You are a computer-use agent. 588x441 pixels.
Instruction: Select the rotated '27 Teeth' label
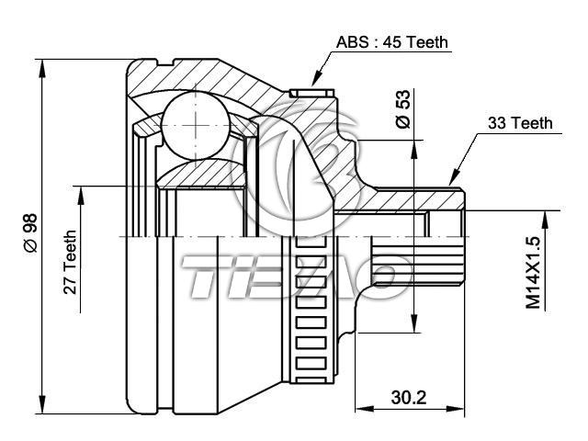(70, 262)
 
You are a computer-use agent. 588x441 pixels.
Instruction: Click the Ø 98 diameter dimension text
(28, 233)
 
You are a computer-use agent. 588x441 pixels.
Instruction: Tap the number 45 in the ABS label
(397, 42)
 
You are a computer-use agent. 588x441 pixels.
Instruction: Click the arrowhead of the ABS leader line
(315, 85)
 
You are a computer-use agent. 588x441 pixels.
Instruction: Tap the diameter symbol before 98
(28, 246)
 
